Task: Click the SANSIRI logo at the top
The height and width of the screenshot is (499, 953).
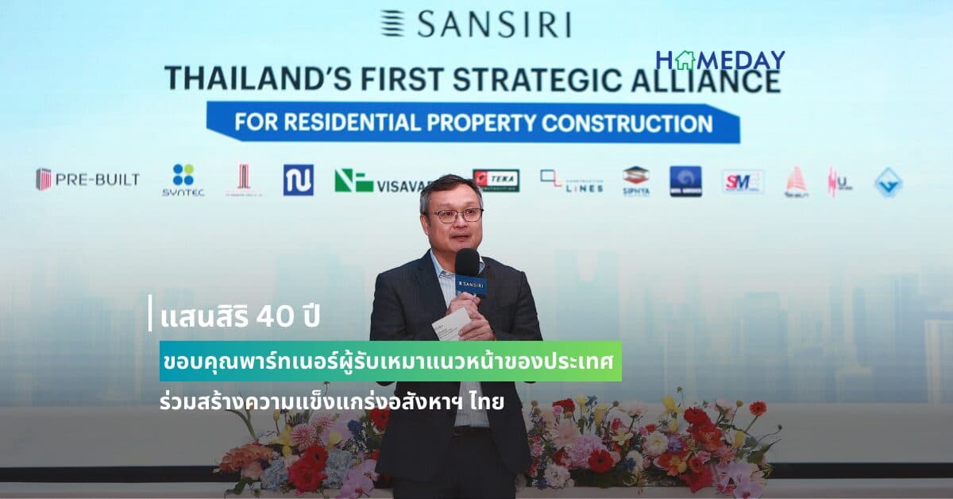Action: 475,24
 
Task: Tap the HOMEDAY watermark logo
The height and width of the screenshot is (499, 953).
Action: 720,60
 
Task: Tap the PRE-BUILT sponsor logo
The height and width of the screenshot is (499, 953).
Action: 87,180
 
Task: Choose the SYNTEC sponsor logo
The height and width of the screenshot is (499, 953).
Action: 183,180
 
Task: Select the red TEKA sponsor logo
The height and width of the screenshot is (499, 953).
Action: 496,180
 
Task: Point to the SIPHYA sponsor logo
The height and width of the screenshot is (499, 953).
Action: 635,181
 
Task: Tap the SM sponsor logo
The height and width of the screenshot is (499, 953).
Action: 743,181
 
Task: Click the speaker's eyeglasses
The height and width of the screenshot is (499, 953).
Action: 455,215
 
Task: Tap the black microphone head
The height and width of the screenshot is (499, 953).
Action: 467,261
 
